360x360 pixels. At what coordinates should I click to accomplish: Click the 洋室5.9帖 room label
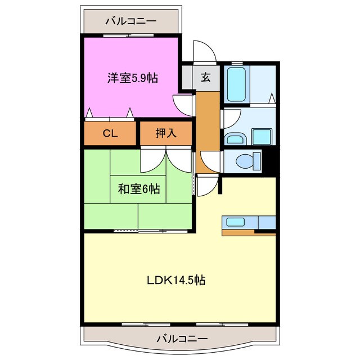(132, 78)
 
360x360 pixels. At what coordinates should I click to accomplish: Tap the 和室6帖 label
(139, 189)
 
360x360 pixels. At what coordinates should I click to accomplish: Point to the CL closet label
(110, 133)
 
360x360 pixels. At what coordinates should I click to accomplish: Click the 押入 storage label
(166, 133)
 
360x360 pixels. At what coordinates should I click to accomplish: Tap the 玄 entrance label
(206, 78)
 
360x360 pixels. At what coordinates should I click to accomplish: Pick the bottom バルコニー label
(182, 339)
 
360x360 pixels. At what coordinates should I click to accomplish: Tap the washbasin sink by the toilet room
(234, 139)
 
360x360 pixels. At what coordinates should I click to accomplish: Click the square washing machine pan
(262, 137)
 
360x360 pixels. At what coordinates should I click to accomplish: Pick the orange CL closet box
(111, 134)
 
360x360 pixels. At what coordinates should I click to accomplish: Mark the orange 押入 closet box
(166, 134)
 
